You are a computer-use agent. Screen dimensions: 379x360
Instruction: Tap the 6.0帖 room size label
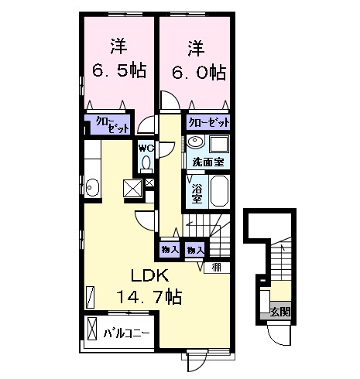(195, 72)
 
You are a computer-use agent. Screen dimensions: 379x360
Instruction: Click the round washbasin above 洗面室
(194, 144)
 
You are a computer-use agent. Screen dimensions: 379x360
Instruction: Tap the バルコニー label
(126, 334)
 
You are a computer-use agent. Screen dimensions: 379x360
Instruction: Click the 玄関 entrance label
(280, 312)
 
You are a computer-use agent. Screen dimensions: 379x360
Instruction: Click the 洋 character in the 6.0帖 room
(194, 46)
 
